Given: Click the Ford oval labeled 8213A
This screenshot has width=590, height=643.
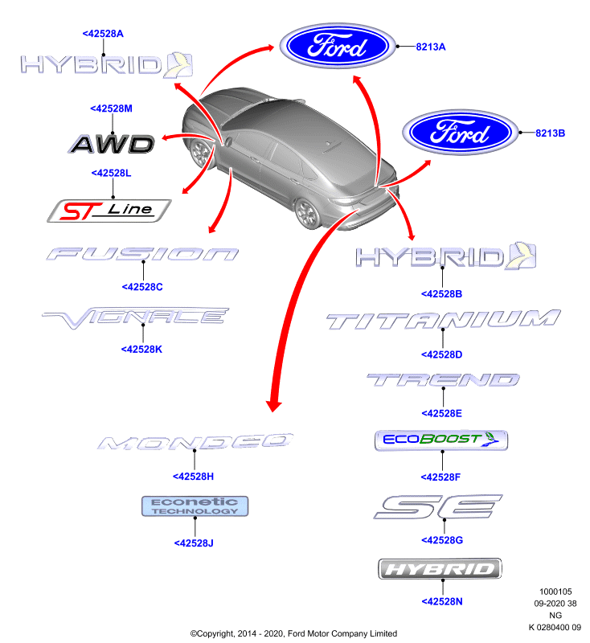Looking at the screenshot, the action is point(338,46).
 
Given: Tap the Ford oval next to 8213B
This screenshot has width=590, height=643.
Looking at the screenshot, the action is point(460,133).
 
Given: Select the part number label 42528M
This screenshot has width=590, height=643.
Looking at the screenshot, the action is point(111,109).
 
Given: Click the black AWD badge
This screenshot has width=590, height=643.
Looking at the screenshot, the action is point(111,145).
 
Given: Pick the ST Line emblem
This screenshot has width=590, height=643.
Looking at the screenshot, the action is point(109,211).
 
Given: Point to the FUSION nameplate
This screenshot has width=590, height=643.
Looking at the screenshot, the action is point(142,254).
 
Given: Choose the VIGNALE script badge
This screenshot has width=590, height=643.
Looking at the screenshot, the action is point(135,317).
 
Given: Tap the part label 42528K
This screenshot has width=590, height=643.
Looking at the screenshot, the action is point(141,350).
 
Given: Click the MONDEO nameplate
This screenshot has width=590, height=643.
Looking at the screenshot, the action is point(195,441).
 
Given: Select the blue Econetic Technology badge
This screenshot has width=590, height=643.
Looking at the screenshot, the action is point(195,506).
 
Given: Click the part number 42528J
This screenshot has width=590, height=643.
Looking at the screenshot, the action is point(194,543).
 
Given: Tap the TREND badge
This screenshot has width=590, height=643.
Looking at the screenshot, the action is point(443,380).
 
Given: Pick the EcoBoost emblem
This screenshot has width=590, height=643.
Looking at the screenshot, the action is point(441,440).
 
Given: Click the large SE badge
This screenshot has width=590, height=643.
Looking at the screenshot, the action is point(438,507).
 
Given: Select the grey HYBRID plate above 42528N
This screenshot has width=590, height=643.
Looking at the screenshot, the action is point(440,569).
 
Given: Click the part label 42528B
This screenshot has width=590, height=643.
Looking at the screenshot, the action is point(441,294).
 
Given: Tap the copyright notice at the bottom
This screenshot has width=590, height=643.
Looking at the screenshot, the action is point(293,633).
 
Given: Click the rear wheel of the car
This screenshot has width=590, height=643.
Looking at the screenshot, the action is point(308,213).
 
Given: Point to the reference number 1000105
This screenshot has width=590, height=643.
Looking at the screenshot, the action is point(555,592).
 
